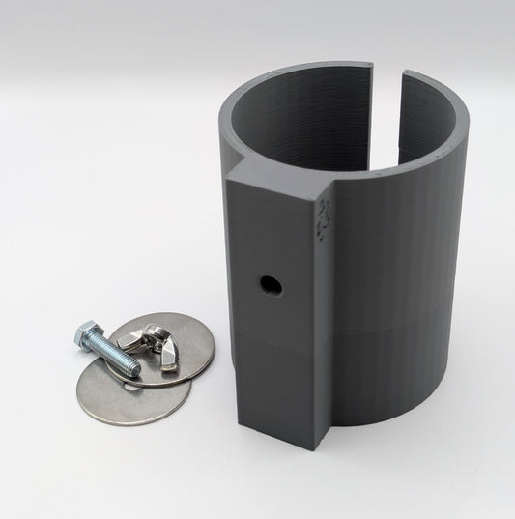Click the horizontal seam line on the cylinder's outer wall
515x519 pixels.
[x=406, y=314]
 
